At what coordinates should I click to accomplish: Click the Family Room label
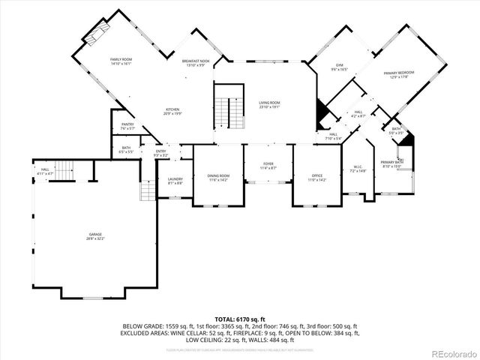[x=121, y=61]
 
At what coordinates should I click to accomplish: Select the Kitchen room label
[x=172, y=111]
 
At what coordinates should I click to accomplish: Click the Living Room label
[x=269, y=104]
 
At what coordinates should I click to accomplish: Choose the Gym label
[x=338, y=66]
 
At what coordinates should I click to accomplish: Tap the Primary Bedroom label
[x=399, y=74]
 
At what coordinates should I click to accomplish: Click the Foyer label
[x=268, y=166]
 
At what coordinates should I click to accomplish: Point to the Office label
[x=317, y=178]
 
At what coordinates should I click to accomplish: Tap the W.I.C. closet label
[x=358, y=169]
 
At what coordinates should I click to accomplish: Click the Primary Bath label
[x=391, y=164]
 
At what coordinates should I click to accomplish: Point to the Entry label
[x=160, y=153]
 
